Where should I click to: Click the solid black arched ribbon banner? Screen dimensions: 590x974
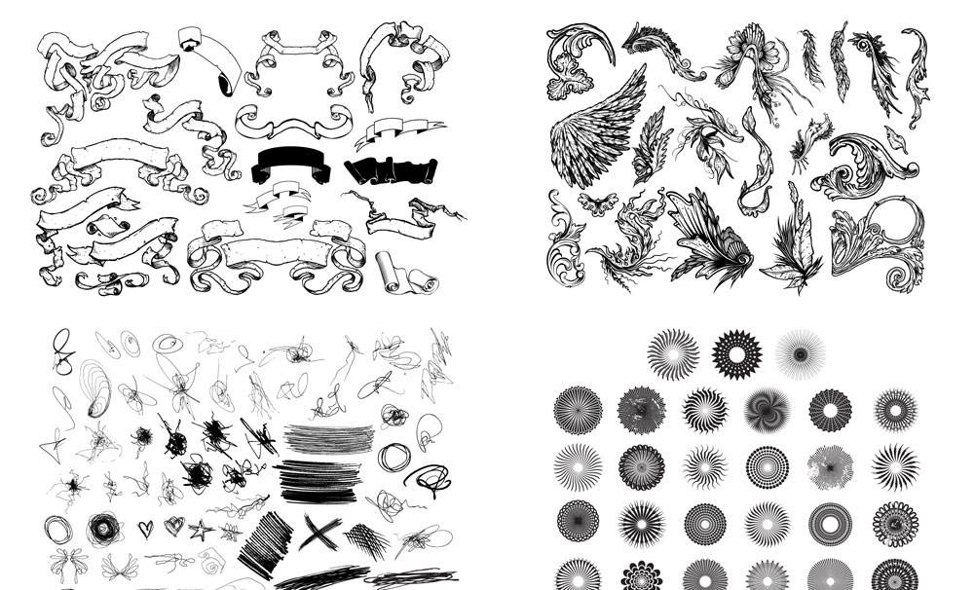coord(292,166)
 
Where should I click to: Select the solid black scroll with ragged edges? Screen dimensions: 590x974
coord(386,169)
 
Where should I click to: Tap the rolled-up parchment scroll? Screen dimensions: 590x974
coord(402,273)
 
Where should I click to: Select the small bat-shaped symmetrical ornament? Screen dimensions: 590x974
coord(597,204)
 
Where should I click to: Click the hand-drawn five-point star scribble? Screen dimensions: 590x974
coord(201,532)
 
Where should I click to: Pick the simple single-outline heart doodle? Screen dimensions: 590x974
coord(145,528)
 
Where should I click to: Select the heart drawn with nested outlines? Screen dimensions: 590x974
coord(173,526)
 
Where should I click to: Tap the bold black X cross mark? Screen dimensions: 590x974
coord(320,532)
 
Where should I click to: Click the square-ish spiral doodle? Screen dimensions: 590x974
coord(208,561)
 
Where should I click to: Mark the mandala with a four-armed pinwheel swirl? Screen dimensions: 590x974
coord(767,410)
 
